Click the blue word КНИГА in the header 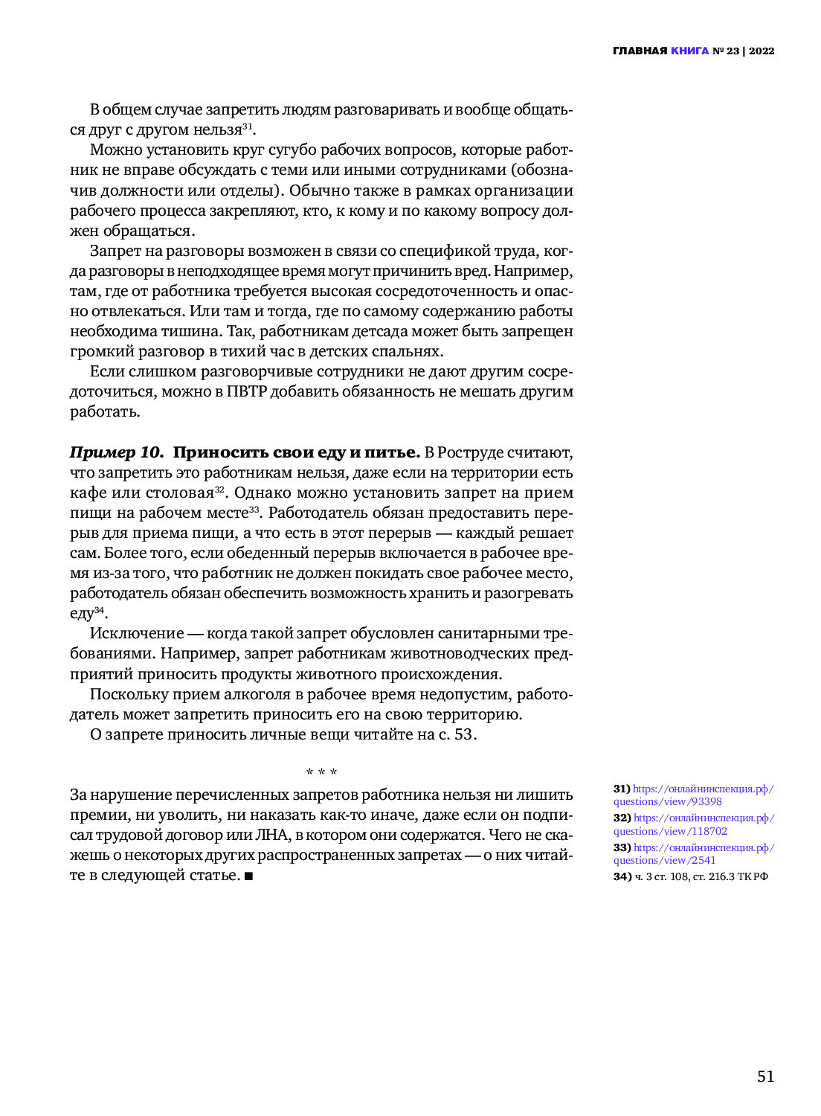689,51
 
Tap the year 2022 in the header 762,51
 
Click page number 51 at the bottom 765,1077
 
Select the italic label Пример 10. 116,452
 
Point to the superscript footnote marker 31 248,126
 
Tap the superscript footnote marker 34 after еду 99,611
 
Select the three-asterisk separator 321,773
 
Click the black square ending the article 248,876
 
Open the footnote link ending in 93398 693,795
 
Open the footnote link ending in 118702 693,824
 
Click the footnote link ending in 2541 693,854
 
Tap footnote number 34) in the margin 622,876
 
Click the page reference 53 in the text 463,734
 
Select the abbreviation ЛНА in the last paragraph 271,835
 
